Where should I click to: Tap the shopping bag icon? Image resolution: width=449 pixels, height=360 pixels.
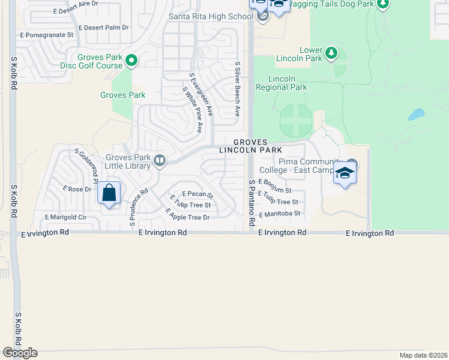pyautogui.click(x=109, y=193)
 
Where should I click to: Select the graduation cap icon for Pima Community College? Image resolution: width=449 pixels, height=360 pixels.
pyautogui.click(x=345, y=174)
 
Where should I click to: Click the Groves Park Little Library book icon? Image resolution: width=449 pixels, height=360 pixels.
pyautogui.click(x=160, y=160)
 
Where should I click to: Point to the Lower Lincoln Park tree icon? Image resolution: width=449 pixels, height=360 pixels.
pyautogui.click(x=331, y=54)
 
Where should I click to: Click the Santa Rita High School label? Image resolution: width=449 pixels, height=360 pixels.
pyautogui.click(x=211, y=16)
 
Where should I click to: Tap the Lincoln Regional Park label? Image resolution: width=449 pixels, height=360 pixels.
pyautogui.click(x=288, y=83)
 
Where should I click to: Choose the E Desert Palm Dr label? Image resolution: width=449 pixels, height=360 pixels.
pyautogui.click(x=104, y=28)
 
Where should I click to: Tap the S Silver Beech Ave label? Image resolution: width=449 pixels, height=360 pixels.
pyautogui.click(x=238, y=89)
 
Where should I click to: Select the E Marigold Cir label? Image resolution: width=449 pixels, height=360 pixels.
pyautogui.click(x=66, y=217)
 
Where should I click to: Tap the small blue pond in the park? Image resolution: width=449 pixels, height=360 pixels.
pyautogui.click(x=416, y=114)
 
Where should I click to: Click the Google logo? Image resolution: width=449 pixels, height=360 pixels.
pyautogui.click(x=20, y=353)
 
